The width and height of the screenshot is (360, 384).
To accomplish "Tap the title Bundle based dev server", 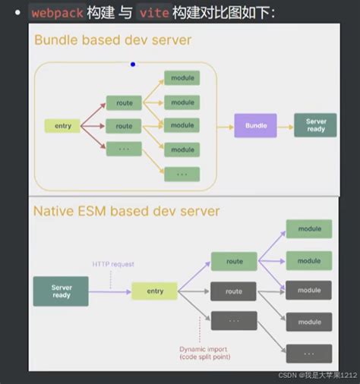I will point(112,39).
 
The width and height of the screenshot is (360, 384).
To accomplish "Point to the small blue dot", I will point(133,65).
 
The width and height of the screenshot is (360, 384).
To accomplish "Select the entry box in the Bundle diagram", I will point(62,126).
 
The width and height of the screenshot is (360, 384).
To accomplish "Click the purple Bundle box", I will point(255,125).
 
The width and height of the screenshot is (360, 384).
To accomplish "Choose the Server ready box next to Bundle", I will point(315,125).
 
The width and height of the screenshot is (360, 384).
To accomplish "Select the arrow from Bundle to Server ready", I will point(285,125).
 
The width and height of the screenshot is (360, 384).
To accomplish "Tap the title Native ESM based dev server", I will point(126,210).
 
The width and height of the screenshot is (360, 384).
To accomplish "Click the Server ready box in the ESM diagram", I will point(61,291).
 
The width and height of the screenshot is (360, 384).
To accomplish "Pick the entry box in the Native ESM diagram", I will point(154,291).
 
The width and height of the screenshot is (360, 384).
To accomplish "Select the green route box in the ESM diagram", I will point(234,262).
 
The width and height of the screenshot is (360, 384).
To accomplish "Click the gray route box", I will point(234,291).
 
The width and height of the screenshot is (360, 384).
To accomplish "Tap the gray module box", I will point(308,291).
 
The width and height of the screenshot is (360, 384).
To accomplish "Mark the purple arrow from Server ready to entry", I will point(110,291).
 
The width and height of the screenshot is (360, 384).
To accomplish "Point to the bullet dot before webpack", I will point(16,13).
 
